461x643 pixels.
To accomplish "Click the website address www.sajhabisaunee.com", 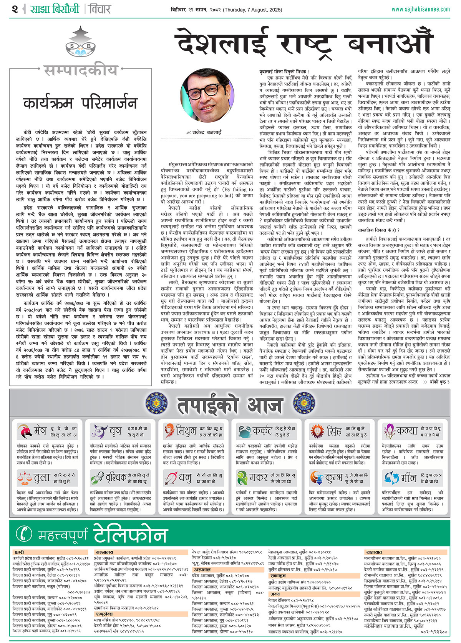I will coord(421,9).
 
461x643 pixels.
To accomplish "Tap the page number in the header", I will coord(15,9).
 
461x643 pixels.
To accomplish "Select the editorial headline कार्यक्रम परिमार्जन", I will coord(80,103).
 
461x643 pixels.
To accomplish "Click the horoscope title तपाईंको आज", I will coord(230,405).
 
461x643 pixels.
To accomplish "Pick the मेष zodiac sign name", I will coord(40,431).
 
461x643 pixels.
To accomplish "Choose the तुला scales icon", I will coord(25,478).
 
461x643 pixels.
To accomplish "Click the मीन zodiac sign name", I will coord(408,478).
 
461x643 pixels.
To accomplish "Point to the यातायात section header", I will coord(374,552).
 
